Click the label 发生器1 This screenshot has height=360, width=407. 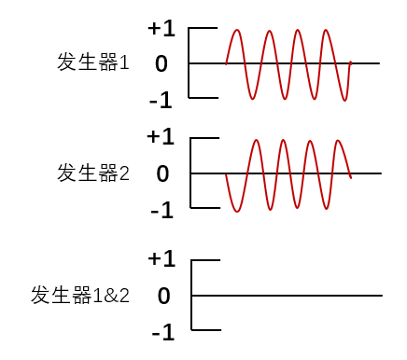click(x=93, y=63)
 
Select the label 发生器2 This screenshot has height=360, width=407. click(x=93, y=173)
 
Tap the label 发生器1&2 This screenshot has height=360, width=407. click(x=80, y=296)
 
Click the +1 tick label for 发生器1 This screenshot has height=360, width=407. click(x=161, y=29)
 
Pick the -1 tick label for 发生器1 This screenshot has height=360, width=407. click(x=161, y=99)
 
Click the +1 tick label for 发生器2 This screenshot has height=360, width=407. click(x=161, y=137)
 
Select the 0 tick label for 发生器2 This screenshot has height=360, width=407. click(x=162, y=173)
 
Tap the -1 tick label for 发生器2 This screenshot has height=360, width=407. click(x=161, y=210)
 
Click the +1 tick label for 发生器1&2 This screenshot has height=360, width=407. click(x=161, y=258)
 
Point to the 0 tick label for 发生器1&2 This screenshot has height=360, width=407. click(x=163, y=297)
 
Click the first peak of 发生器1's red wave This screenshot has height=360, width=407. click(x=237, y=30)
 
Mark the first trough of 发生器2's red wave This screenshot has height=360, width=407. click(x=237, y=212)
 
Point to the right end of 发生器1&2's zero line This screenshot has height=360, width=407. click(x=382, y=296)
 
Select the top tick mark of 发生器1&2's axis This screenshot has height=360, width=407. click(x=206, y=261)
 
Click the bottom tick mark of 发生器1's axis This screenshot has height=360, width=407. click(x=203, y=97)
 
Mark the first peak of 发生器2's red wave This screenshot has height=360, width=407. click(x=255, y=140)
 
